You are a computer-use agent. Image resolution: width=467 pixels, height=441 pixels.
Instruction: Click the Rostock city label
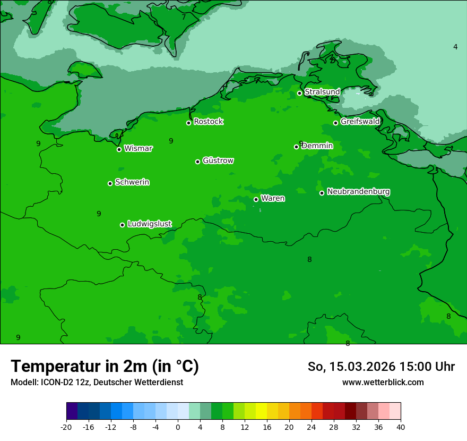pos(208,122)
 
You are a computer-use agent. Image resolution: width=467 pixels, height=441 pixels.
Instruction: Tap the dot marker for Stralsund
pos(299,93)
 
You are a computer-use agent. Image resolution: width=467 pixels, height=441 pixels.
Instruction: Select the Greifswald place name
pos(360,122)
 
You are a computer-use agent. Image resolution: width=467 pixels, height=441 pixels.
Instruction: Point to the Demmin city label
pos(317,146)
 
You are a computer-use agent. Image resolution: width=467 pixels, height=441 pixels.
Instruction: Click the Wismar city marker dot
pos(119,149)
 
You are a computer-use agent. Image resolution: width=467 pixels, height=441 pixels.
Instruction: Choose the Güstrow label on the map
pos(218,160)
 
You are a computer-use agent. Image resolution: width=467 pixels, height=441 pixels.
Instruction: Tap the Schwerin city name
pos(132,182)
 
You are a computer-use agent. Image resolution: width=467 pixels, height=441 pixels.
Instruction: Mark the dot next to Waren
pos(256,199)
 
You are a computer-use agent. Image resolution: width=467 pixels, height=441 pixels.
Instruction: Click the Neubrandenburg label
pos(358,192)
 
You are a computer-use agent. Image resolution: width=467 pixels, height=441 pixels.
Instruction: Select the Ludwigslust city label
pos(149,224)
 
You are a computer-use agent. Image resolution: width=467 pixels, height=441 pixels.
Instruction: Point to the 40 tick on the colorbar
pos(400,427)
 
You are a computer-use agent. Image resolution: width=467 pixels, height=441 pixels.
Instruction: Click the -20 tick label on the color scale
pos(66,427)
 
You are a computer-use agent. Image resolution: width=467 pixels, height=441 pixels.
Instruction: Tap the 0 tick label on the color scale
pos(178,427)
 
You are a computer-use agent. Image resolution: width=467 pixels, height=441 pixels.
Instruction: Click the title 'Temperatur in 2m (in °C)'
pos(105,366)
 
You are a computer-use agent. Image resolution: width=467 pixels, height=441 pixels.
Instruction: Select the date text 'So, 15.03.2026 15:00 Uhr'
pos(381,367)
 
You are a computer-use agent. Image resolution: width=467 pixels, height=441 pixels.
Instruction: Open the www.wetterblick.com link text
pos(383,382)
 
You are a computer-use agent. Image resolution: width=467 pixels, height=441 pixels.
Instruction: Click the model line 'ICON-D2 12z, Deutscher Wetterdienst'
pos(97,382)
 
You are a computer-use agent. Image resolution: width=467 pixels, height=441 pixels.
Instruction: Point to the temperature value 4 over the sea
pos(455,47)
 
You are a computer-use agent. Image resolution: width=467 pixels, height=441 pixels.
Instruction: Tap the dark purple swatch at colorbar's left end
pos(72,411)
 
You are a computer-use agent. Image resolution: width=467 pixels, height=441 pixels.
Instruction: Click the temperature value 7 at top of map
pos(184,17)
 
